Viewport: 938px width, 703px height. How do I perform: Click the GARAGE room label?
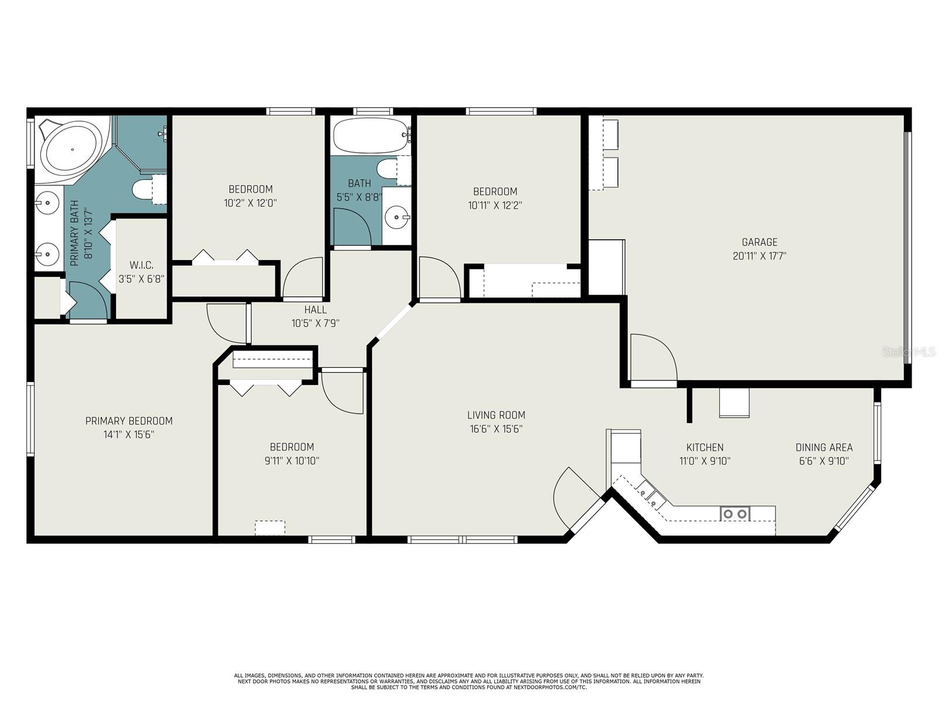click(x=759, y=242)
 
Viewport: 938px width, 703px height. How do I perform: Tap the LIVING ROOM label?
click(x=496, y=415)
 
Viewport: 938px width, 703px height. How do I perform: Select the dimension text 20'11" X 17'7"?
click(x=759, y=256)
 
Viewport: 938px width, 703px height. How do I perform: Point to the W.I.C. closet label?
click(x=141, y=265)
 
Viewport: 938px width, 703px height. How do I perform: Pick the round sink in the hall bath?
click(x=397, y=217)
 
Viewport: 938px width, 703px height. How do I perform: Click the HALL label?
click(x=315, y=309)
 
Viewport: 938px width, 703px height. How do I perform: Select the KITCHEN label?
click(x=705, y=448)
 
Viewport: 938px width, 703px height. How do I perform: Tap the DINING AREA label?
click(x=824, y=448)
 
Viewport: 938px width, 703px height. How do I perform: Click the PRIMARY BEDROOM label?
click(x=128, y=421)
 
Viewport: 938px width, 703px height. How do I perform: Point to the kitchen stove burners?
click(x=735, y=514)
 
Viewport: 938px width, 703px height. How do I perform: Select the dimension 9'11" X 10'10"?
click(x=292, y=461)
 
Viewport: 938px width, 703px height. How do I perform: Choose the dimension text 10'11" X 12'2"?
click(x=495, y=205)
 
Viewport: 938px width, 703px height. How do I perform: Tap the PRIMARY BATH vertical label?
click(x=81, y=233)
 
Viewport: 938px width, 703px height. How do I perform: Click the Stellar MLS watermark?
click(x=909, y=352)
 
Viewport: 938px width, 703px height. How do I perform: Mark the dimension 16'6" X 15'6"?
click(x=496, y=429)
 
